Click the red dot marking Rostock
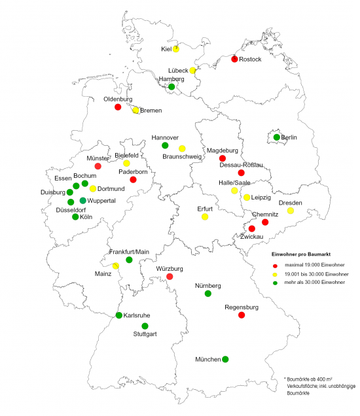pos(234,60)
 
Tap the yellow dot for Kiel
pos(176,49)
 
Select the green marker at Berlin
pos(277,137)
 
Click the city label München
pos(208,360)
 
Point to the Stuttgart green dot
pos(145,326)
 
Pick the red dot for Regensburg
pos(242,315)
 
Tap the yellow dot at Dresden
pos(291,211)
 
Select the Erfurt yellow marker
pos(205,217)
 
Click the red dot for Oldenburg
pos(118,107)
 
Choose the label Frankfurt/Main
pos(128,252)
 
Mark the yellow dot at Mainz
pos(115,266)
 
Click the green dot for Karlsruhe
pos(118,315)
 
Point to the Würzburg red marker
pos(170,277)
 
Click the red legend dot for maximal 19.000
pos(276,264)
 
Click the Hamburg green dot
pos(171,86)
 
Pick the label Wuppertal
pos(102,200)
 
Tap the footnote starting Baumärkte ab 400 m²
pos(317,379)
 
